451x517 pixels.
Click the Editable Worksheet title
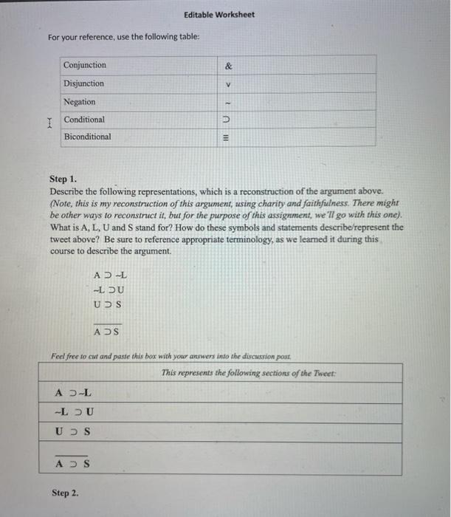pos(219,15)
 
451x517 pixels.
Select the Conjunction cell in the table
pos(85,66)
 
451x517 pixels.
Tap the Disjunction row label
pos(84,83)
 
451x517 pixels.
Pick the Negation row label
pos(80,102)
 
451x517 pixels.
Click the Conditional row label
pos(84,120)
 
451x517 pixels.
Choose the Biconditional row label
pos(88,137)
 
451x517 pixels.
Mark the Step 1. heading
pos(63,179)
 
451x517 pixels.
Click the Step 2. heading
pos(65,491)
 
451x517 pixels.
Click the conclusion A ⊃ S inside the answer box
pos(73,464)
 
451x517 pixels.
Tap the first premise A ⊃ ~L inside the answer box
pos(74,393)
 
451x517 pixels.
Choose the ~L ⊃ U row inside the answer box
pos(75,412)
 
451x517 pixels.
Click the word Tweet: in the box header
pos(323,373)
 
